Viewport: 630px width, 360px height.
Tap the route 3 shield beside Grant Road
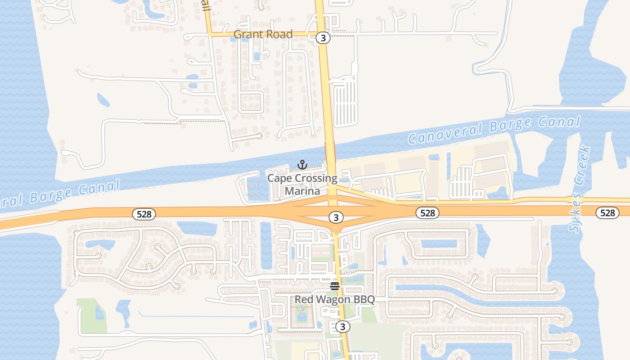tap(323, 38)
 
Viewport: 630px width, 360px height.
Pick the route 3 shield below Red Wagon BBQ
tap(342, 327)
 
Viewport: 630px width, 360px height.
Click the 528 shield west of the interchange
tap(144, 214)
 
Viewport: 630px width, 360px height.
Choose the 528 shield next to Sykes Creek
tap(607, 213)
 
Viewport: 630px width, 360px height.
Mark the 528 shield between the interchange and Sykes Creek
tap(427, 213)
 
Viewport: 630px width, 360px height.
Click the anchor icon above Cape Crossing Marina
tap(302, 165)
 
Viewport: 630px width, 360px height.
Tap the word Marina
tap(302, 191)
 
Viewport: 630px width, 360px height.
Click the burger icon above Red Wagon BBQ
tap(334, 286)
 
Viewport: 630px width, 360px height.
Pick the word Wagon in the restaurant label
tap(333, 300)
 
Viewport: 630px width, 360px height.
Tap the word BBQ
tap(364, 300)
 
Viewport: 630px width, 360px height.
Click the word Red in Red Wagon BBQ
tap(304, 300)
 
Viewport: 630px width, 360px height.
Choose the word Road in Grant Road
tap(279, 34)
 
